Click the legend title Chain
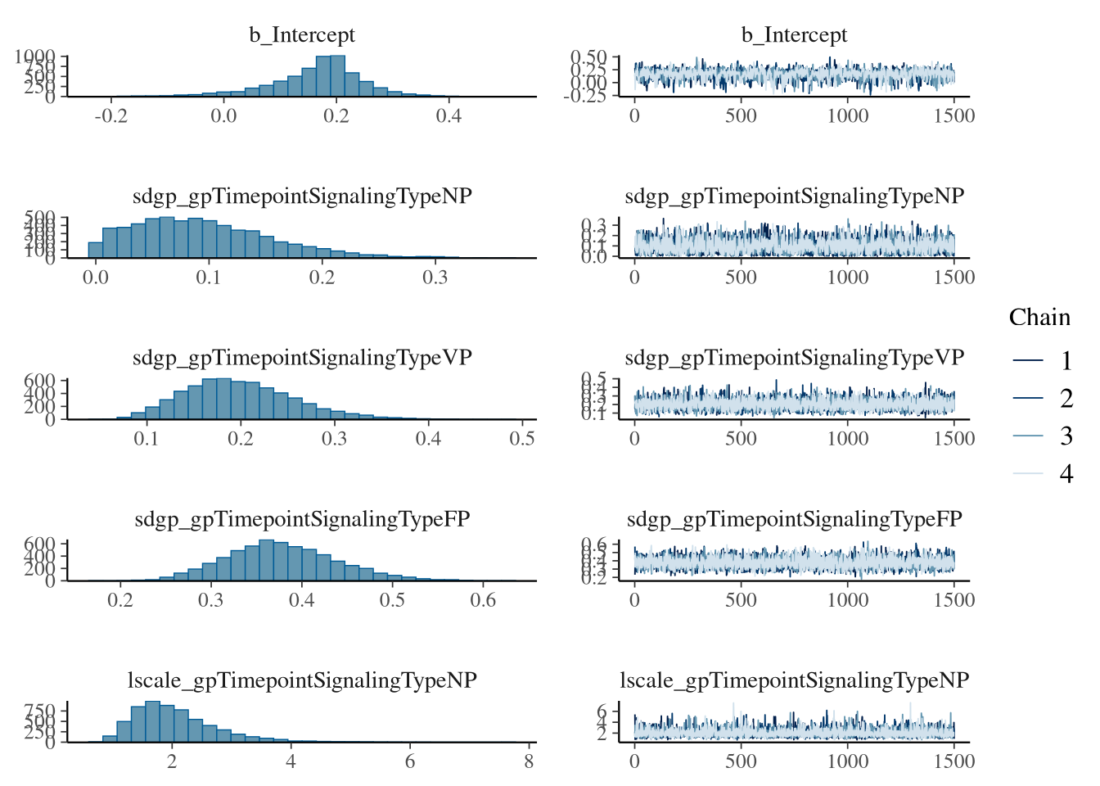[x=1039, y=318]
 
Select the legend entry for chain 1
[x=1066, y=360]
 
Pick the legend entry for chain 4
[x=1066, y=473]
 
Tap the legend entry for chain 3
[x=1066, y=436]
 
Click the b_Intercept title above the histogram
[x=302, y=35]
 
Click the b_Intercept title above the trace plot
[x=794, y=35]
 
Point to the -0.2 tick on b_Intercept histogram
[x=111, y=115]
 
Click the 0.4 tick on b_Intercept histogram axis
[x=449, y=115]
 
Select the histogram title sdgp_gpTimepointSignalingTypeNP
[x=302, y=196]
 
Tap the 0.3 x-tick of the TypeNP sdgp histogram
[x=435, y=277]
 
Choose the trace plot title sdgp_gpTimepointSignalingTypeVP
[x=794, y=358]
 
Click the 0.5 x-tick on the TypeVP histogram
[x=522, y=438]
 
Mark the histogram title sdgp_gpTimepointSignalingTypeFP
[x=302, y=519]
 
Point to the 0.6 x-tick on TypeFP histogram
[x=483, y=599]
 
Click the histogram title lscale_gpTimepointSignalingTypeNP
[x=302, y=680]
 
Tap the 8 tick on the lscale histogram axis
[x=529, y=761]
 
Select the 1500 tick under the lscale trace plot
[x=954, y=761]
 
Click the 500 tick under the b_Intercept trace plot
[x=741, y=115]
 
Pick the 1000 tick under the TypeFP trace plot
[x=847, y=599]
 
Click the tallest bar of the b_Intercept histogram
[x=337, y=76]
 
